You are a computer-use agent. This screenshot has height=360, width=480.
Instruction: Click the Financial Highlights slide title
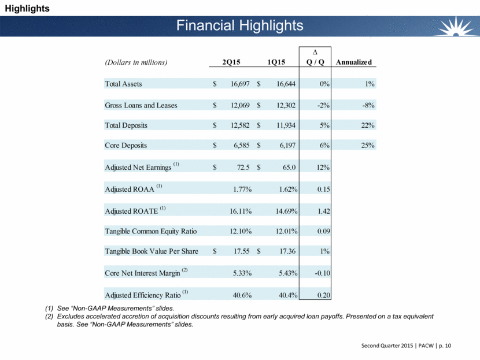tap(239, 25)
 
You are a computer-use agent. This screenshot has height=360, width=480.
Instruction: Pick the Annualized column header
tap(354, 62)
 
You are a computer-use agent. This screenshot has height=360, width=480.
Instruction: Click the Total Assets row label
tap(123, 84)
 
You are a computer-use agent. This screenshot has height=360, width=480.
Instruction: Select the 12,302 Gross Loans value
tap(283, 105)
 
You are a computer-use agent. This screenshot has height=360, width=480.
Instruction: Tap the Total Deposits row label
tap(126, 125)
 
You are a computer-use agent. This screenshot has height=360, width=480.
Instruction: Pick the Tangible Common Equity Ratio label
tap(150, 231)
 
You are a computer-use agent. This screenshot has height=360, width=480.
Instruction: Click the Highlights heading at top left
tap(25, 8)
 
